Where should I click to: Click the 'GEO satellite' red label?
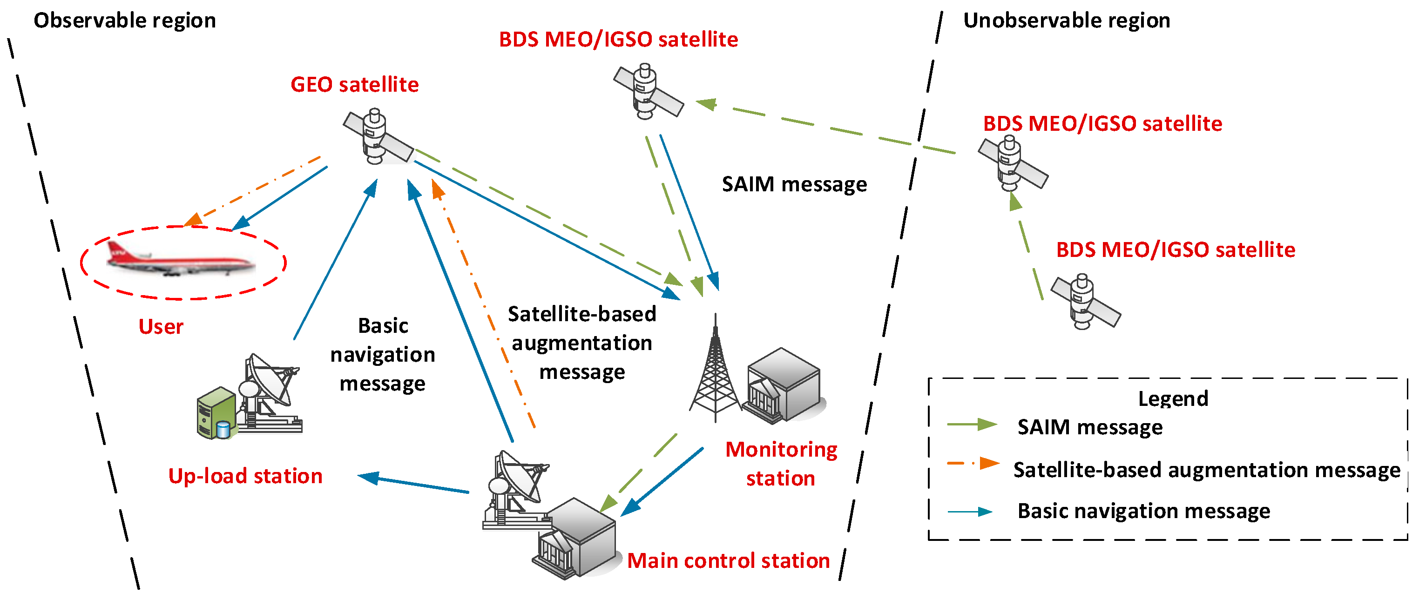(354, 85)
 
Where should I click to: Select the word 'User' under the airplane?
(161, 327)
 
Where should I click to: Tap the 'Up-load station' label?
(245, 476)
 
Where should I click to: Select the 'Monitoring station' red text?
(781, 464)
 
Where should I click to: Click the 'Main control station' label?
(728, 561)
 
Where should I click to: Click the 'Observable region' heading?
(125, 20)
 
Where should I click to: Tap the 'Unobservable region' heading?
(1067, 20)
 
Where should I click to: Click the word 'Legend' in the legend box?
(1172, 398)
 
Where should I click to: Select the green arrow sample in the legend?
(972, 425)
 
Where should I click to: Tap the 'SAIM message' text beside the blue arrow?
(794, 184)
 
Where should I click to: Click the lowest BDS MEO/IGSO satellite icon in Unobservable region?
(1085, 302)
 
